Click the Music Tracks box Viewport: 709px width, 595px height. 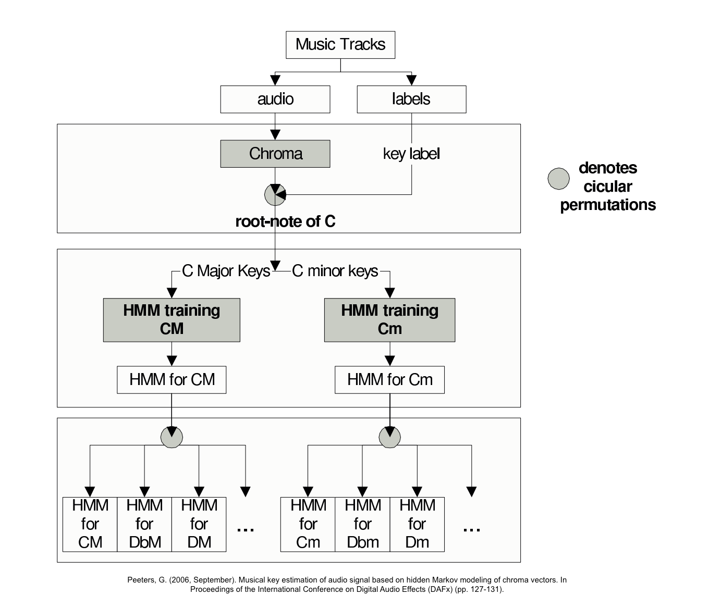click(340, 45)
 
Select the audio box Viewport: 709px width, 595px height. click(275, 99)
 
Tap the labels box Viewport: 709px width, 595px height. click(411, 99)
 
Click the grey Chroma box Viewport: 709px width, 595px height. click(275, 154)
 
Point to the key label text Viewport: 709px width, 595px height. click(411, 154)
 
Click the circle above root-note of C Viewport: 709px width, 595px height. click(275, 195)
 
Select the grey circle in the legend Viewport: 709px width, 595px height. click(558, 179)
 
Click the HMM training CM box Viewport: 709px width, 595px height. click(172, 320)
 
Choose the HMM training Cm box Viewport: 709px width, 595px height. click(389, 320)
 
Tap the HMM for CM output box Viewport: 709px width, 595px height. click(172, 379)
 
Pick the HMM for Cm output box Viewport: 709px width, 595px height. click(389, 379)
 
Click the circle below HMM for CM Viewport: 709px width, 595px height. click(172, 437)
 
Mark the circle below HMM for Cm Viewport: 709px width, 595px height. click(389, 438)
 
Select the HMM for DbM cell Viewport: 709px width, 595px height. click(144, 524)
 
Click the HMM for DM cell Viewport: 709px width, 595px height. click(199, 524)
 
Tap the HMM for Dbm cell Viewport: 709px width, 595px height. click(362, 524)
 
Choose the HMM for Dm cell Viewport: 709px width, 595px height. click(417, 524)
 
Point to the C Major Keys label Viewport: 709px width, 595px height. click(226, 271)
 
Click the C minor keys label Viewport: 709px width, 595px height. click(335, 271)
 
